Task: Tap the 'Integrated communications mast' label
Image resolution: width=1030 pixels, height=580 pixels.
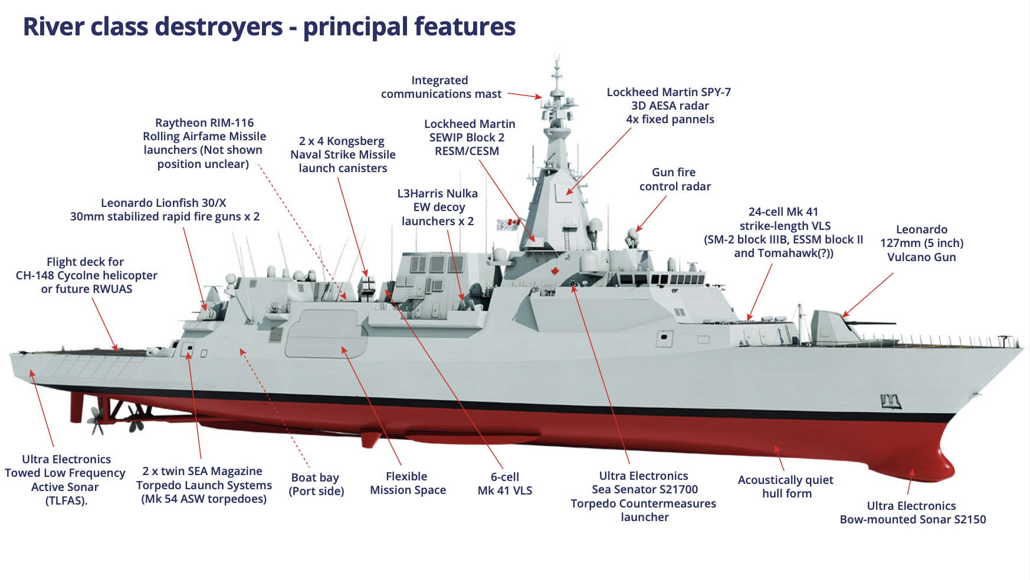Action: pos(440,87)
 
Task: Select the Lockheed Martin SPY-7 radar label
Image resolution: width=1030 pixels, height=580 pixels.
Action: pos(669,106)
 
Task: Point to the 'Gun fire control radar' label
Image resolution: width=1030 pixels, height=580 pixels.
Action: pos(674,179)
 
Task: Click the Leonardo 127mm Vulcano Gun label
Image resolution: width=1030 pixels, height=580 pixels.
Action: pos(921,243)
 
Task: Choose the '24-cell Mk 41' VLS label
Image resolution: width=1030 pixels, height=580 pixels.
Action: pos(783,232)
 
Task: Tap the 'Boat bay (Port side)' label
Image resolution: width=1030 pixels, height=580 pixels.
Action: pos(316,484)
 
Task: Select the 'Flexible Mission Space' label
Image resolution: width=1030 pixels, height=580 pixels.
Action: pos(408,483)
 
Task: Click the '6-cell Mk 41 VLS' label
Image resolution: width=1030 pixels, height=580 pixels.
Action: pos(505,484)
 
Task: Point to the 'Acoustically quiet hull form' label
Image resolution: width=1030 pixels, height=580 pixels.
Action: pos(786,487)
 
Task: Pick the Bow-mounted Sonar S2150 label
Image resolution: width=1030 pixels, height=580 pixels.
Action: pos(912,513)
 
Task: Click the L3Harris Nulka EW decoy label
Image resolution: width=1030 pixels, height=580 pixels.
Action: pos(438,207)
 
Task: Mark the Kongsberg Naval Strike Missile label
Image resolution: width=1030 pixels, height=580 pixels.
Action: pos(343,154)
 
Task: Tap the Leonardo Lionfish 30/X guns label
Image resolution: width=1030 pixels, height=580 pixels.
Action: pos(165,210)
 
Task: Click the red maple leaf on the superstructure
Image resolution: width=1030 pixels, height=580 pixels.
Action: pos(555,271)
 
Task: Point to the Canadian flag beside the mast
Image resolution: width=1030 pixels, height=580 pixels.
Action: pos(508,225)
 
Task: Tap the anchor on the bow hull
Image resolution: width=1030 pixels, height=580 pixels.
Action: pos(890,402)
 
